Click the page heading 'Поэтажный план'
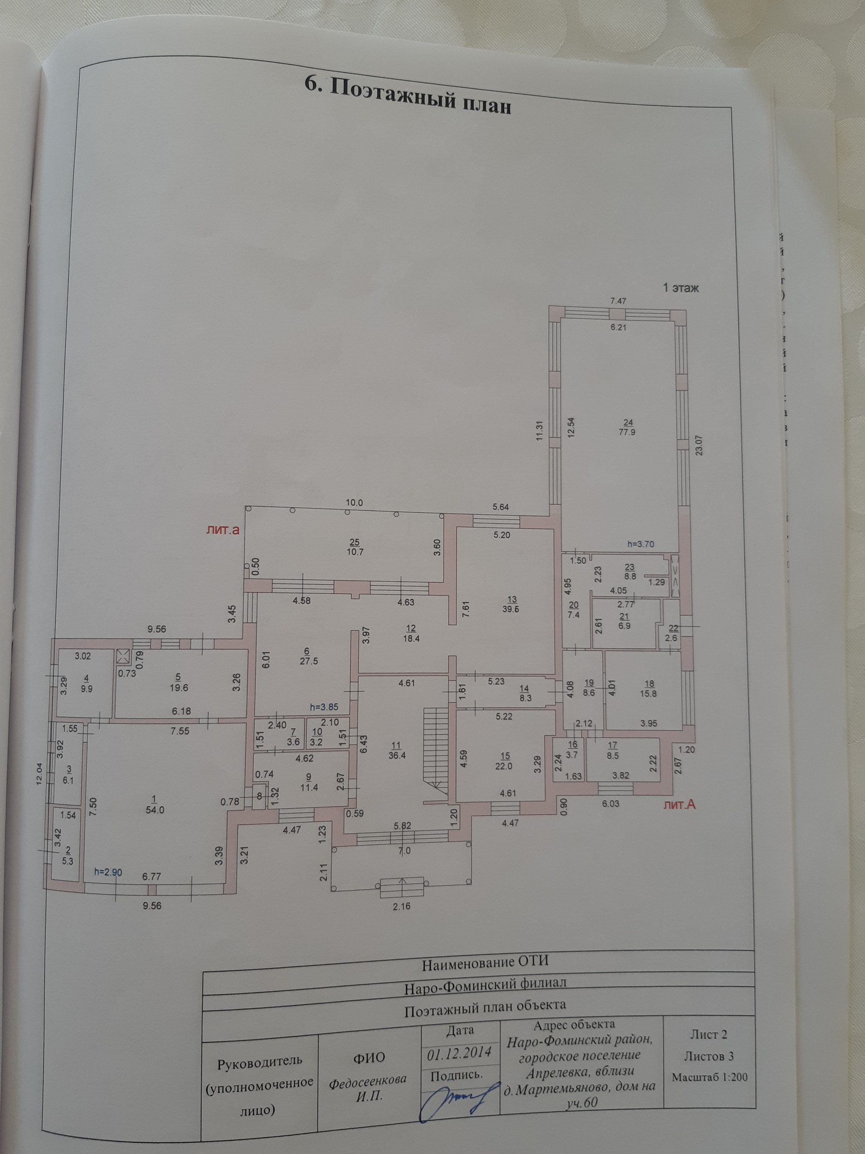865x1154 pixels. pos(407,96)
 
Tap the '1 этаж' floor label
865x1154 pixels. pos(680,288)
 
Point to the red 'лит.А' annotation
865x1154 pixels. pos(680,819)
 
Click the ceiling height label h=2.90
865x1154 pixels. pos(109,872)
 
